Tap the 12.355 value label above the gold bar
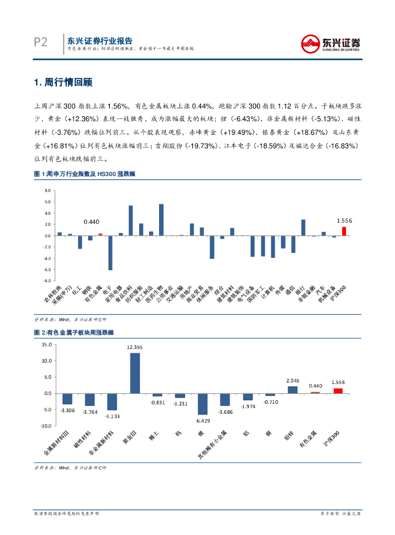point(134,347)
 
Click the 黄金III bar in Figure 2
point(135,373)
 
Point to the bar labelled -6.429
point(202,403)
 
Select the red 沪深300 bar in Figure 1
point(344,231)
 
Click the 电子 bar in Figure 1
point(110,253)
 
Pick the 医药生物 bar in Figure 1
point(161,220)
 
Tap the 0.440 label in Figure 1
point(92,222)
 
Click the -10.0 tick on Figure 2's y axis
point(46,426)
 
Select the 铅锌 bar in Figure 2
point(292,390)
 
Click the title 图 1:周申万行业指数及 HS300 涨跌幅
point(84,174)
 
